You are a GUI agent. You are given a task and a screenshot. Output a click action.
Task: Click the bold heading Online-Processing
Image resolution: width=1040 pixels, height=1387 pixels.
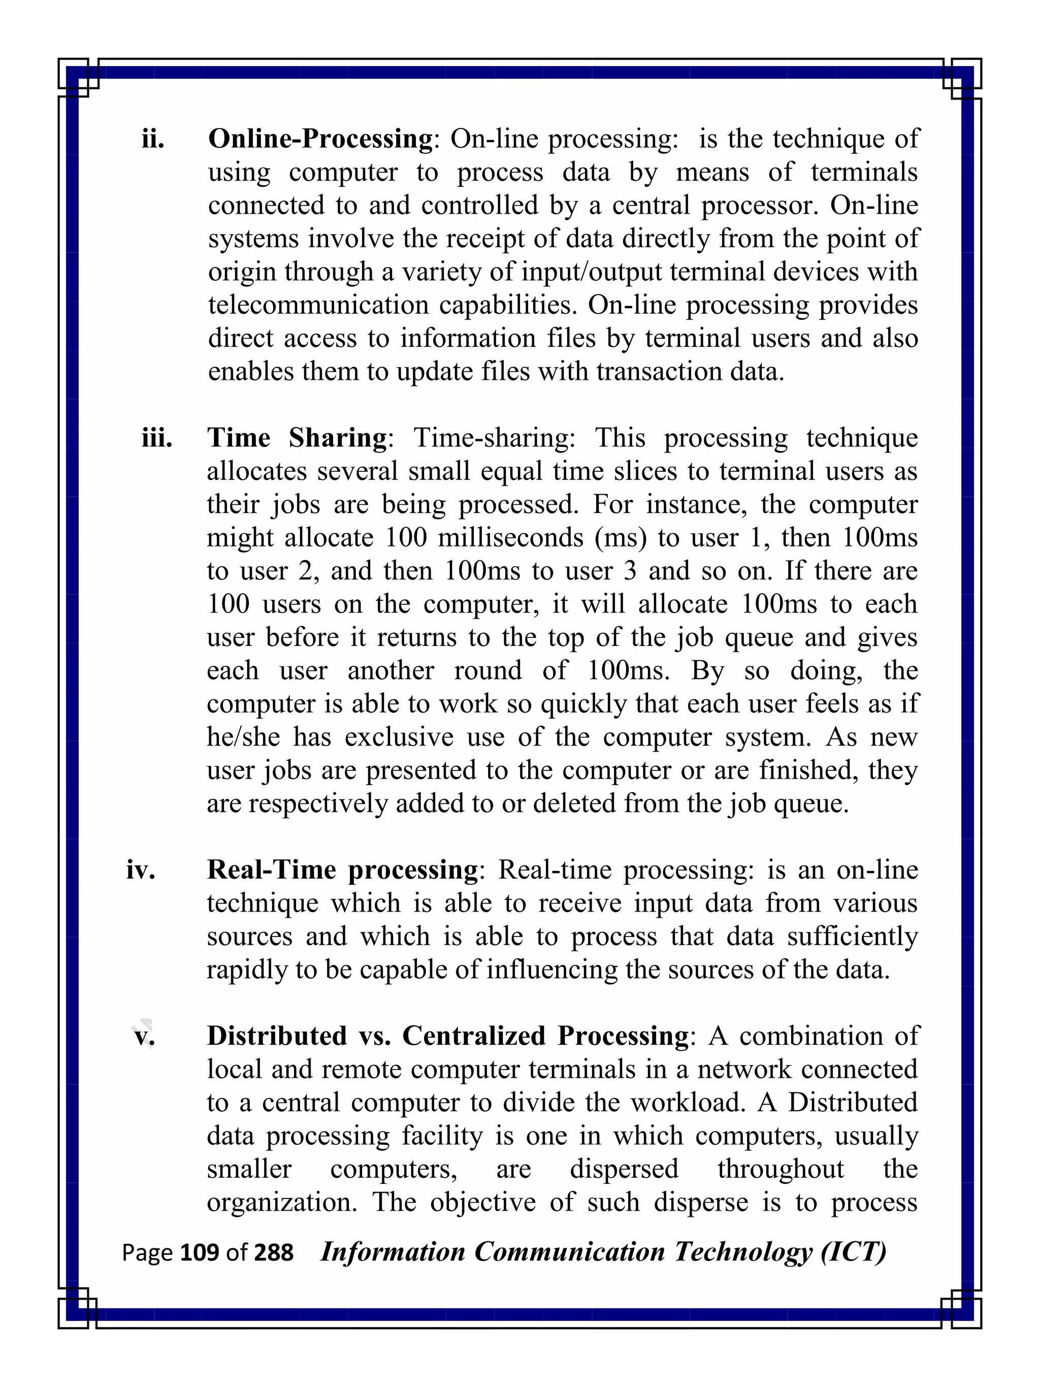320,139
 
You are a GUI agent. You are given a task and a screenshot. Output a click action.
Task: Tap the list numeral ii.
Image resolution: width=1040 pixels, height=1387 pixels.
153,139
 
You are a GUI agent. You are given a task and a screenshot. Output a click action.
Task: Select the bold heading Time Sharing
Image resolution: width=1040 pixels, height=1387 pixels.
297,438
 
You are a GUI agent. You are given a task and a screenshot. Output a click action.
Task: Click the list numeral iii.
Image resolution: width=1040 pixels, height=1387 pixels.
157,438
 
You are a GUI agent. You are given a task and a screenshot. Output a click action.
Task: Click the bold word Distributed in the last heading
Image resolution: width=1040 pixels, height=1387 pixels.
276,1037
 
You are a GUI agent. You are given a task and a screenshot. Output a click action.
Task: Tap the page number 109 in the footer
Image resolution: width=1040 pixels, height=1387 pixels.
200,1253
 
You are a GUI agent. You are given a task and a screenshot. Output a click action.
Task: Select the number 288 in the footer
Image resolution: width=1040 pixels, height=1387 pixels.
273,1253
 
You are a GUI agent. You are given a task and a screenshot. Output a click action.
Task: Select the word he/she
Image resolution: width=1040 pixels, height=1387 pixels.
243,737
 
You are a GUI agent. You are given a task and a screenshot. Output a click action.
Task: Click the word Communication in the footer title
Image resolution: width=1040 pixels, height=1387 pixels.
569,1252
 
